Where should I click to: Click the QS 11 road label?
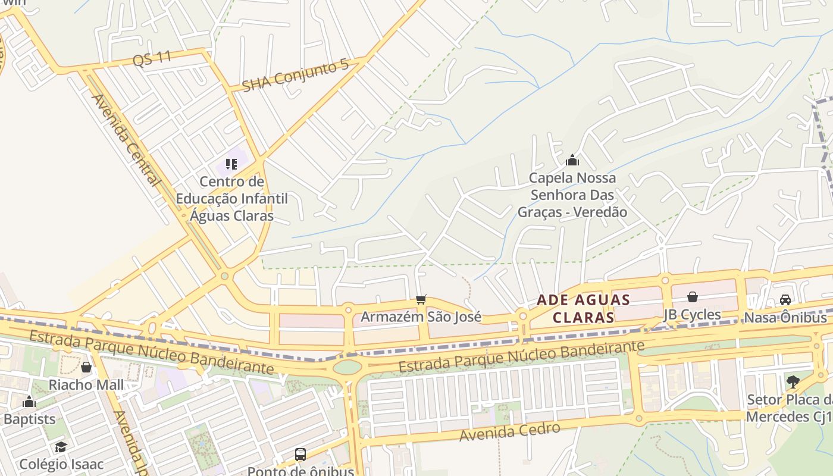(x=152, y=58)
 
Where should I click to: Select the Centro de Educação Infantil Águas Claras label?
(x=232, y=198)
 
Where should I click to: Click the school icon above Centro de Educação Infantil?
(x=231, y=164)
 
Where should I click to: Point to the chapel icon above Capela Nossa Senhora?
(x=572, y=160)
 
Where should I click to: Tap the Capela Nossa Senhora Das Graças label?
(x=572, y=195)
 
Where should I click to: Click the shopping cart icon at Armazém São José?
(x=421, y=299)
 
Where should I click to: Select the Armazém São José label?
(x=421, y=317)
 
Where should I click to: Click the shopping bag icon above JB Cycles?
(x=693, y=297)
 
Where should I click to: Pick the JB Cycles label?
(x=693, y=314)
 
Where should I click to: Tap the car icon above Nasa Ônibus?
(x=785, y=300)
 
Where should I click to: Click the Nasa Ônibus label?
(x=785, y=317)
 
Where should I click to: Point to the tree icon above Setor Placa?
(x=792, y=381)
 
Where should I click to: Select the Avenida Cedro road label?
(x=510, y=432)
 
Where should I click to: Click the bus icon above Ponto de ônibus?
(x=300, y=455)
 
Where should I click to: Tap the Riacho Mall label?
(x=86, y=384)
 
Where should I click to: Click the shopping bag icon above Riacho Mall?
(x=86, y=367)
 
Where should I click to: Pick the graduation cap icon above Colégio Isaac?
(x=61, y=447)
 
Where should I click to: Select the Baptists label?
(x=29, y=419)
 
